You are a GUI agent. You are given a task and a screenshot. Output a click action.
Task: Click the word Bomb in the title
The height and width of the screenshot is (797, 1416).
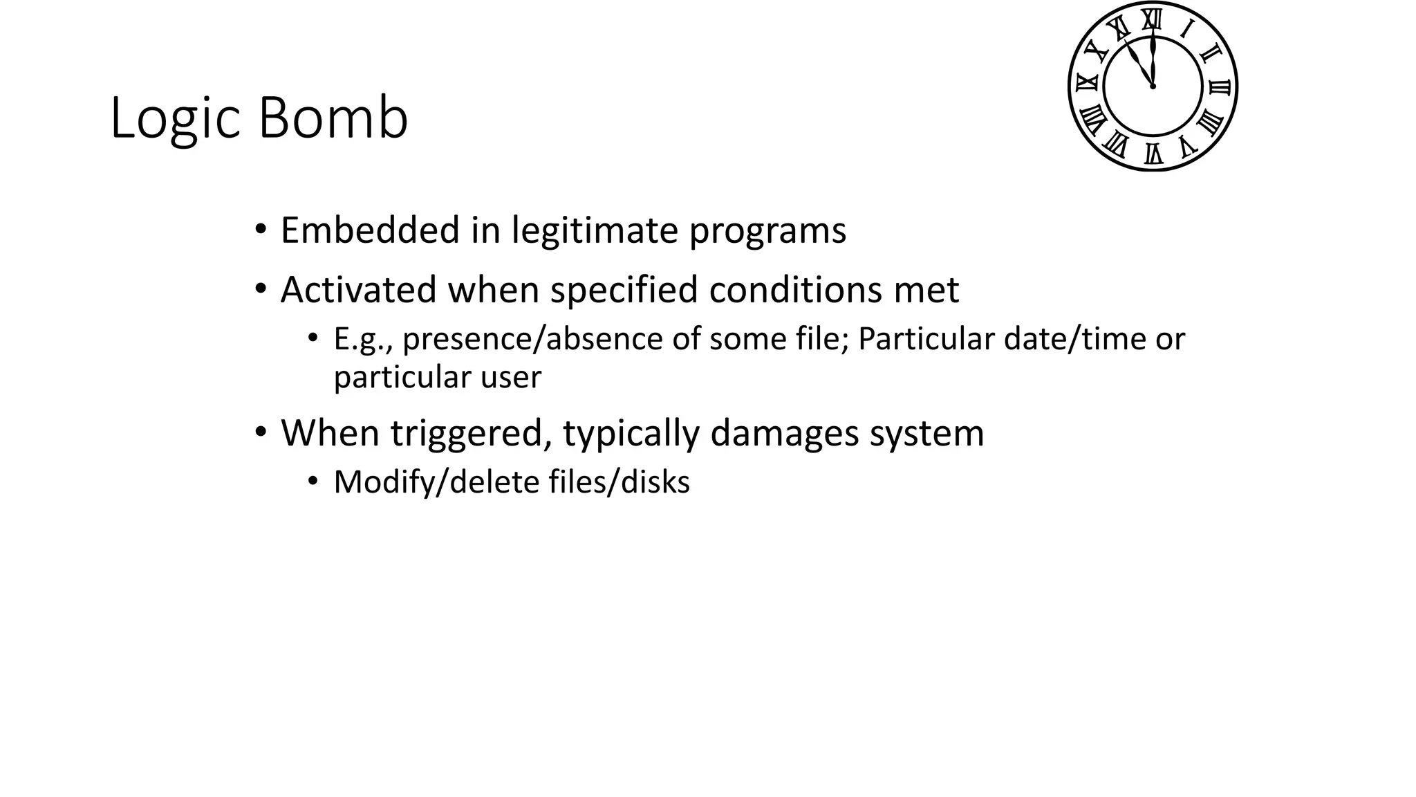point(333,118)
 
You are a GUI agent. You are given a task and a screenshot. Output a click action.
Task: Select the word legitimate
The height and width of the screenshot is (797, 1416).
point(594,231)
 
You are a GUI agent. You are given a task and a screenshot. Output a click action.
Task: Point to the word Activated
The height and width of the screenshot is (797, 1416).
point(357,289)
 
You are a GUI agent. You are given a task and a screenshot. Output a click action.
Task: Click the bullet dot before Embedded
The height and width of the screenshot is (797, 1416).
point(260,230)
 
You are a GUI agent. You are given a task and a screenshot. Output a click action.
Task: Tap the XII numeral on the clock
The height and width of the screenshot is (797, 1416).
point(1151,19)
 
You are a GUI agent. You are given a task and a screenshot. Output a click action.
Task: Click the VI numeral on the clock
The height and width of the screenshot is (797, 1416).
point(1153,154)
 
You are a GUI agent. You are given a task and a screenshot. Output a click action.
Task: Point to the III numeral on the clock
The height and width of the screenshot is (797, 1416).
point(1220,87)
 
